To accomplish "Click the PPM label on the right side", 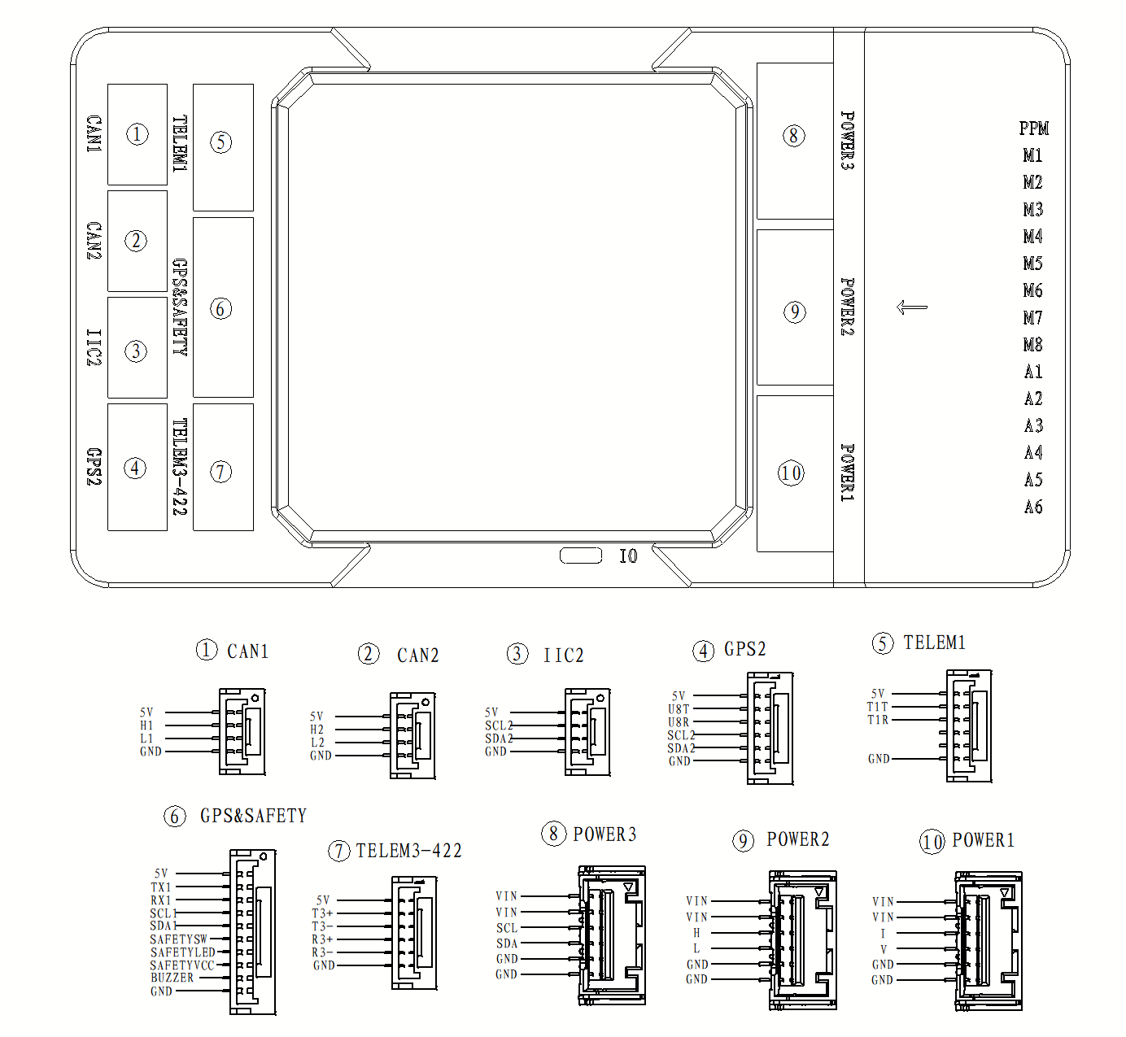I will [1033, 129].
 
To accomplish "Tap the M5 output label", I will [1032, 264].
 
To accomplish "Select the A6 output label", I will [1033, 507].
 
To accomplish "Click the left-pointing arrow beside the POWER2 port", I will [911, 307].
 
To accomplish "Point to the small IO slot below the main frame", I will [580, 556].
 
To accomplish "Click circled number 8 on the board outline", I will [793, 136].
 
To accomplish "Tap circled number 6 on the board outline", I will [220, 308].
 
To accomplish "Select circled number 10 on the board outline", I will [791, 473].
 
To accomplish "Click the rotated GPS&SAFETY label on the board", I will [180, 307].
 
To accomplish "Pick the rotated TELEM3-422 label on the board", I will [180, 467].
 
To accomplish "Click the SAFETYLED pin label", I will [183, 952].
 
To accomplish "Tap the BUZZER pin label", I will [172, 978].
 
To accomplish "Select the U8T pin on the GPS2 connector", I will [679, 709].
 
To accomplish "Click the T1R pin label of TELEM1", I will [878, 720].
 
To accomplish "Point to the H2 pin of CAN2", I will [316, 730].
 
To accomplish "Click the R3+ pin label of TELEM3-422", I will [322, 939].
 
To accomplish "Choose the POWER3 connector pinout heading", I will [604, 834].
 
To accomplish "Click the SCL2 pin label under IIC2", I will [499, 725].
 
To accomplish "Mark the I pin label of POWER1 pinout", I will [883, 934].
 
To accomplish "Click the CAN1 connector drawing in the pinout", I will [242, 731].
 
